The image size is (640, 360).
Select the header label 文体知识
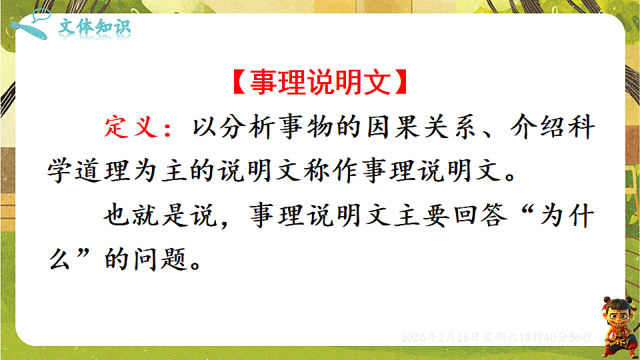(95, 27)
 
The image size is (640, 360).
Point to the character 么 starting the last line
(59, 259)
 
